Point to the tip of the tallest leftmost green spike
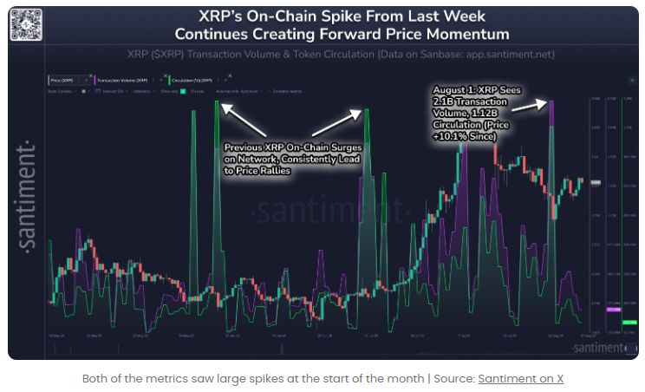[217, 102]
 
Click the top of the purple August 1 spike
[552, 102]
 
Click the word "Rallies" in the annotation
[273, 171]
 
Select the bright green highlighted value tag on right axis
[630, 323]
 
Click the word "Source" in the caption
[450, 379]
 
